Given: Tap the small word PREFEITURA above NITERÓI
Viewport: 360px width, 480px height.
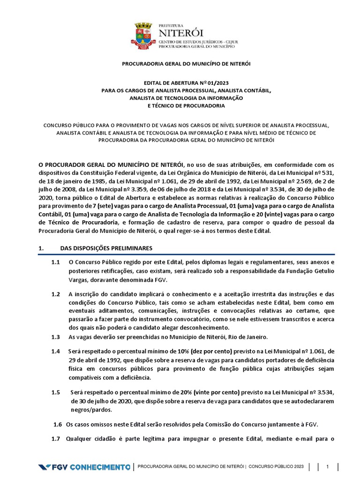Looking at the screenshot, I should coord(172,25).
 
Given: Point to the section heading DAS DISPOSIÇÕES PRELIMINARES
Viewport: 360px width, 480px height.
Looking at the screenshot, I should coord(106,247).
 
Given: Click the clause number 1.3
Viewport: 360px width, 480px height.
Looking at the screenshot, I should coord(56,337).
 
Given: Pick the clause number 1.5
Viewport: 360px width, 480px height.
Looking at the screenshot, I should coord(56,392).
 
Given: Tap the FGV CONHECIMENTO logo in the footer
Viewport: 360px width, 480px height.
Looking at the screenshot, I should coord(84,467).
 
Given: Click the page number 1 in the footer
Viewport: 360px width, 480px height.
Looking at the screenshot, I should coord(328,466).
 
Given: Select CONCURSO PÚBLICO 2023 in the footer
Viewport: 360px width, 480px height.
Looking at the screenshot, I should coord(277,467).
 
